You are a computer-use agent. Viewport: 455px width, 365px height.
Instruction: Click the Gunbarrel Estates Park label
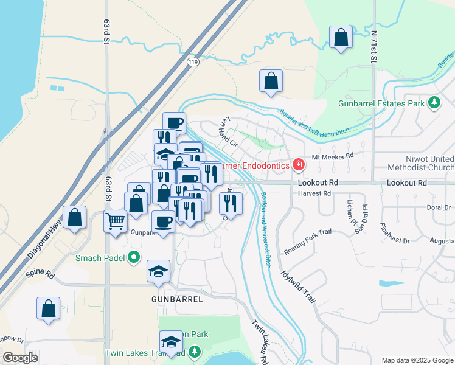click(381, 103)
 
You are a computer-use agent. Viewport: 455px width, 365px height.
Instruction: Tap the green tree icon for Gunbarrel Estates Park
click(434, 103)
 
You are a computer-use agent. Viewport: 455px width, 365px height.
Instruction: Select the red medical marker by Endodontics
click(298, 164)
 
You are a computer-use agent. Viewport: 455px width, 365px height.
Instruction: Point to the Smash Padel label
click(100, 258)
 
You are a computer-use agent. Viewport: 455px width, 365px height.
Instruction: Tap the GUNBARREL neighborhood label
click(176, 299)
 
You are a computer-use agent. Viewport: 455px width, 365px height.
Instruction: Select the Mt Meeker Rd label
click(332, 156)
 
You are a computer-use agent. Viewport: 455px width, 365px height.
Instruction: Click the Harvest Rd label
click(314, 193)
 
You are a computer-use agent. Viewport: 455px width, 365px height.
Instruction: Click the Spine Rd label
click(40, 274)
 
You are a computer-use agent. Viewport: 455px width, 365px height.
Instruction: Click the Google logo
click(21, 358)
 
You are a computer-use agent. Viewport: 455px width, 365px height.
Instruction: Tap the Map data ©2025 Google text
click(417, 360)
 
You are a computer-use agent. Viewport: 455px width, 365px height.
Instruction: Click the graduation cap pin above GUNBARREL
click(158, 271)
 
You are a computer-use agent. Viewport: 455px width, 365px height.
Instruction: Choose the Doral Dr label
click(438, 207)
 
